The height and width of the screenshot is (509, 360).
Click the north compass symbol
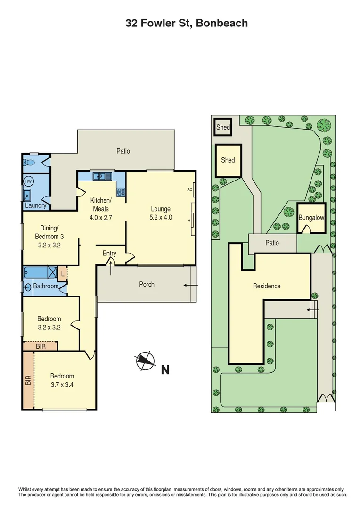tap(145, 362)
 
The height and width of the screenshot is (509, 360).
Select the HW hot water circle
tap(28, 181)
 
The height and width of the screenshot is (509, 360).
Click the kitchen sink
tap(101, 177)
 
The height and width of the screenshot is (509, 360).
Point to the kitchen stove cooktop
tap(120, 191)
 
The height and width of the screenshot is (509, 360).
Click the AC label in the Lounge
tap(189, 189)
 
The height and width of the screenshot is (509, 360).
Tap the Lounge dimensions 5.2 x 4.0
tap(160, 218)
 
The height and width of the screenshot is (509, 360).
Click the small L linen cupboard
tap(62, 273)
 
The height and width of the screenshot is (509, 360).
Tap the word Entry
tap(109, 254)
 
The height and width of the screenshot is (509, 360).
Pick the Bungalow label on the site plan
tap(311, 218)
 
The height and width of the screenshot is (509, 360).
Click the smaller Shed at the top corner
tap(223, 127)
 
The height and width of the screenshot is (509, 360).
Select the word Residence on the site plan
tap(267, 286)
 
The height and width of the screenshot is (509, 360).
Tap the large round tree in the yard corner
tap(324, 125)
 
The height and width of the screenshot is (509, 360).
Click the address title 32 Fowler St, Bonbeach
tap(187, 23)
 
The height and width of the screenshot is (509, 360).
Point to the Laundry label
tap(36, 205)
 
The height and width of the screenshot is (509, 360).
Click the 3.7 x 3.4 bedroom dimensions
tap(62, 385)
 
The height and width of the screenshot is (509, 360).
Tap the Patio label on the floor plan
tap(123, 151)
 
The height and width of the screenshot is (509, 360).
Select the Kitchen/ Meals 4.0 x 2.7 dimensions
tap(101, 218)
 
